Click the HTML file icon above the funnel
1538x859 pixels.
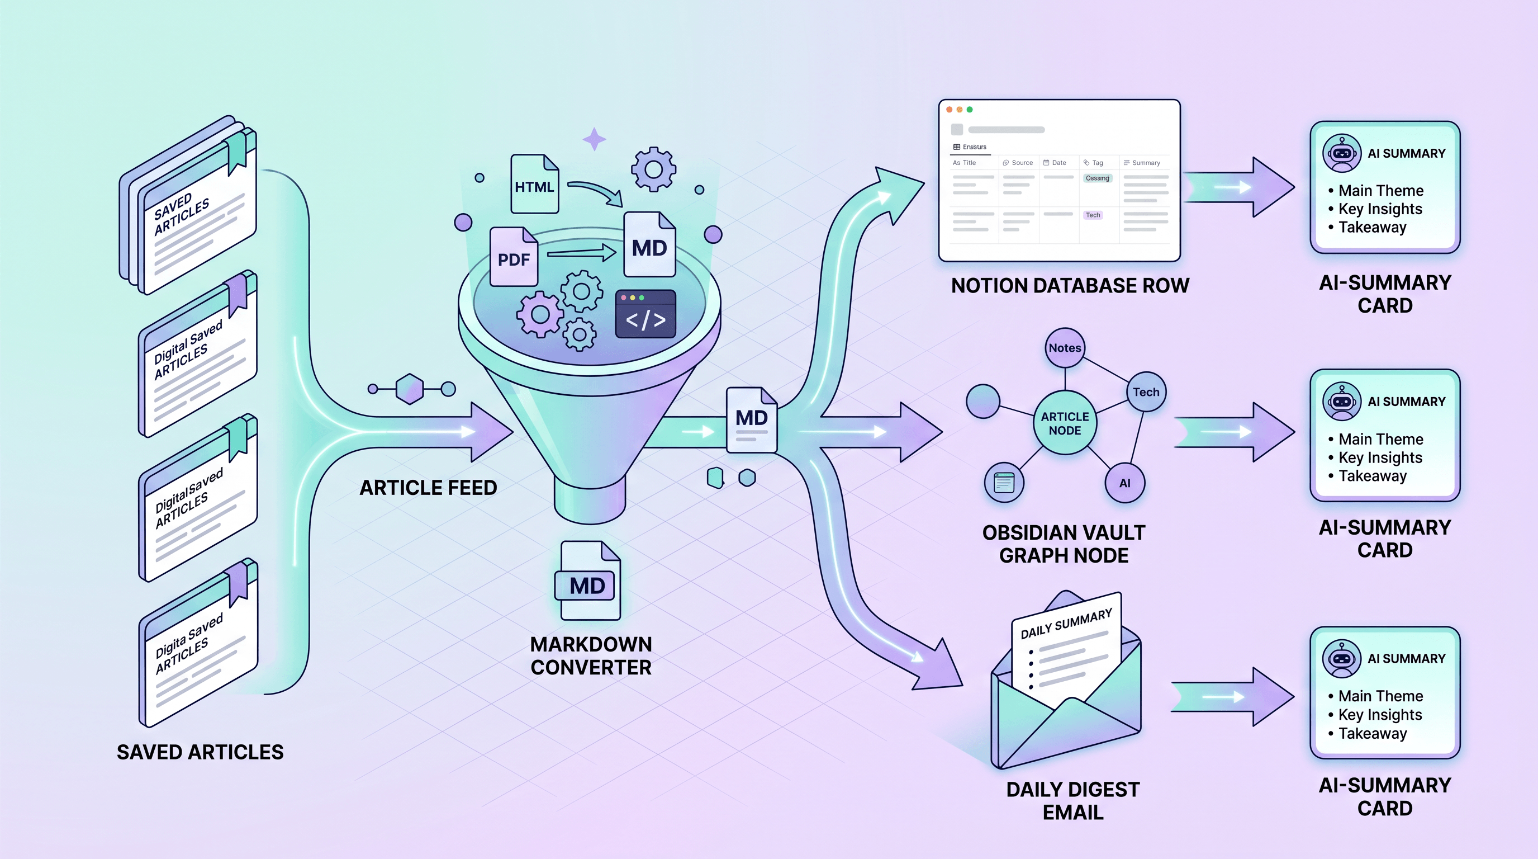[x=534, y=185]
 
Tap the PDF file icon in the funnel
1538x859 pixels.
[x=514, y=257]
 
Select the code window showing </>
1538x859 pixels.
[x=645, y=314]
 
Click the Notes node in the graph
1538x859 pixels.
[x=1065, y=348]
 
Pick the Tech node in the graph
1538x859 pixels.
[x=1146, y=392]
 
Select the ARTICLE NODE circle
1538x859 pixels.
[x=1065, y=423]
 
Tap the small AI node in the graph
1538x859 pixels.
[x=1124, y=483]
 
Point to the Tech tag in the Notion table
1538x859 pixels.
[x=1093, y=215]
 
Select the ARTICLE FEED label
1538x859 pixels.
[x=428, y=488]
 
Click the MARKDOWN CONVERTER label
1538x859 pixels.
[x=591, y=655]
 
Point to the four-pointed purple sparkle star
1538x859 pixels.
[x=594, y=140]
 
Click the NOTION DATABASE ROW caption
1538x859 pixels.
[x=1070, y=286]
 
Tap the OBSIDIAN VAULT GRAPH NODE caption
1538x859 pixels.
[x=1064, y=544]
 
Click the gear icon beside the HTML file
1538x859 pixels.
[x=653, y=169]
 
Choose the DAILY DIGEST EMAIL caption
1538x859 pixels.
[x=1073, y=800]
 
